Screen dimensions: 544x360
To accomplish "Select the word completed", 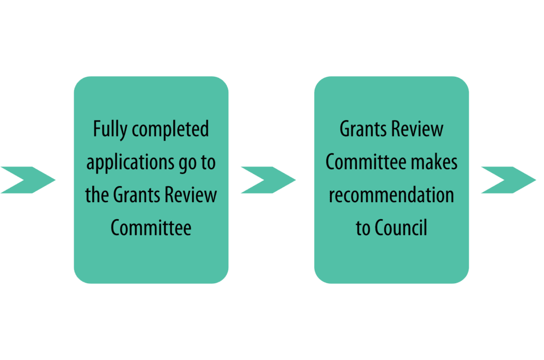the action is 170,129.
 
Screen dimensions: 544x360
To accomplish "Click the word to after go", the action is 208,162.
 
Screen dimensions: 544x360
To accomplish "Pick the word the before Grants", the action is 97,194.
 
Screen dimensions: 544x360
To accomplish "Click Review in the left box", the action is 190,195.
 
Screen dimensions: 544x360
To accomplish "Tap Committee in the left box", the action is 151,228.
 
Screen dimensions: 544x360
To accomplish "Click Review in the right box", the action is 417,129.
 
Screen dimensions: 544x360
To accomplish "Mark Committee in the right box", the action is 366,162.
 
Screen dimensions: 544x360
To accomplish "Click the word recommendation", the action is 391,195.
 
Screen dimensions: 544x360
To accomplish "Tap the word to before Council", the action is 363,228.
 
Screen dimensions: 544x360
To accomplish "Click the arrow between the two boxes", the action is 268,180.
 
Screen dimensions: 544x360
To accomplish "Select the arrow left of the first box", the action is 28,180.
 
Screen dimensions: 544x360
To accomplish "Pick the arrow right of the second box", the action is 508,180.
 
